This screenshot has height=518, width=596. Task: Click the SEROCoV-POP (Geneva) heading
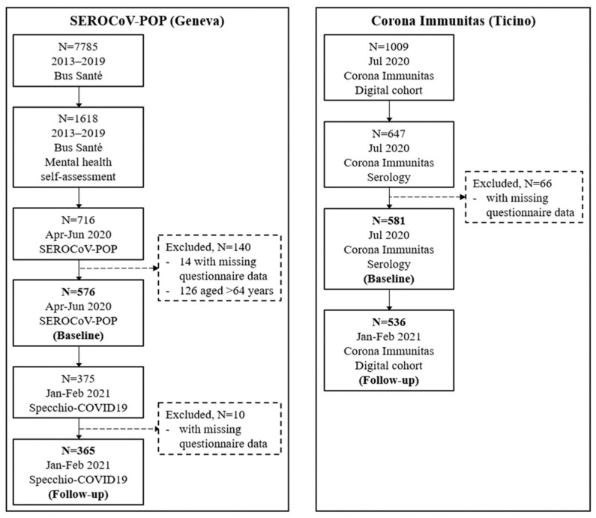tap(147, 20)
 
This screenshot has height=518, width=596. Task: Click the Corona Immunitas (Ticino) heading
tap(454, 20)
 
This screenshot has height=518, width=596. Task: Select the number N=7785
tap(78, 46)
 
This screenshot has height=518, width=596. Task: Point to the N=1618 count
tap(78, 118)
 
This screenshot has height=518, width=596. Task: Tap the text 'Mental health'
tap(78, 162)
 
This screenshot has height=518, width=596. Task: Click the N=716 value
tap(78, 220)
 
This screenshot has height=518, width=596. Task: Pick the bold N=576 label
tap(78, 292)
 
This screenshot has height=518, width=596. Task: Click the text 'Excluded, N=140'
tap(208, 247)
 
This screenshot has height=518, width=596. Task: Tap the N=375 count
tap(78, 379)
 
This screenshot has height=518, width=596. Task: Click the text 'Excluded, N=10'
tap(205, 415)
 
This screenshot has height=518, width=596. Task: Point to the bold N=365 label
tap(78, 451)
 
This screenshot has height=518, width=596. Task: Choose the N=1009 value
tap(389, 46)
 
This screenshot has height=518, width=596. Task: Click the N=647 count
tap(389, 133)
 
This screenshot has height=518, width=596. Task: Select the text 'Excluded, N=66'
tap(512, 184)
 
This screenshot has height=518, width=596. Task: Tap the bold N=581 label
tap(389, 220)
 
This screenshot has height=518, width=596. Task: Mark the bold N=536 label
tap(389, 322)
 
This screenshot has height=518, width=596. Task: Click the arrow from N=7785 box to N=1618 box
tap(79, 97)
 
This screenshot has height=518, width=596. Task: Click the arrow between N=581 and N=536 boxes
tap(389, 300)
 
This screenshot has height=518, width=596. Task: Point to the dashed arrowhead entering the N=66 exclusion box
tap(463, 197)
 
